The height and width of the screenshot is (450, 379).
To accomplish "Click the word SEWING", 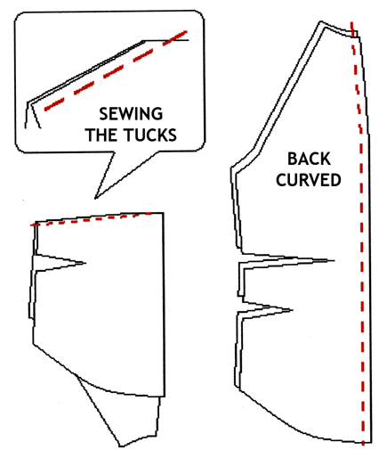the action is click(131, 114).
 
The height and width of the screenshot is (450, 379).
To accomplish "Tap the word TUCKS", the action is click(150, 135).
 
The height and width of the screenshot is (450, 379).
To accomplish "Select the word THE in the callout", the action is click(103, 135).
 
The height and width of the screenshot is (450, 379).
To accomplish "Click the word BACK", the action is click(309, 159).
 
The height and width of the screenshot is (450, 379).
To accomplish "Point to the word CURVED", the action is click(309, 180).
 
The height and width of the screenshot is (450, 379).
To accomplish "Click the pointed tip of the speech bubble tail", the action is click(95, 199).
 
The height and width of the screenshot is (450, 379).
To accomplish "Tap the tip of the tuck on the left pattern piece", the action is click(85, 263).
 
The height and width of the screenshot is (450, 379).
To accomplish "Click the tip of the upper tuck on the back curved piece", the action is click(335, 261).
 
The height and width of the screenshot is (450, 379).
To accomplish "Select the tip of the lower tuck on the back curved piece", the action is click(293, 310).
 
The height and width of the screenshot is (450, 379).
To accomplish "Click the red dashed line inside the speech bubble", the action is click(116, 70).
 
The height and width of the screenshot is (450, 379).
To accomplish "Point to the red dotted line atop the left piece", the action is click(91, 219).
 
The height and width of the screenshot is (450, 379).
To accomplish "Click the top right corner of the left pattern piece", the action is click(164, 213).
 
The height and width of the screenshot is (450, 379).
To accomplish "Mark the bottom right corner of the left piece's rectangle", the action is click(165, 397).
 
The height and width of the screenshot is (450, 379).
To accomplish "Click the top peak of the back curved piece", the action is click(320, 21).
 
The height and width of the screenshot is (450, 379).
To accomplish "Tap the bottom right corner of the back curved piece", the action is click(371, 444).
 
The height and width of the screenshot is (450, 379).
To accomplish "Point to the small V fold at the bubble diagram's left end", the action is click(32, 115).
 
